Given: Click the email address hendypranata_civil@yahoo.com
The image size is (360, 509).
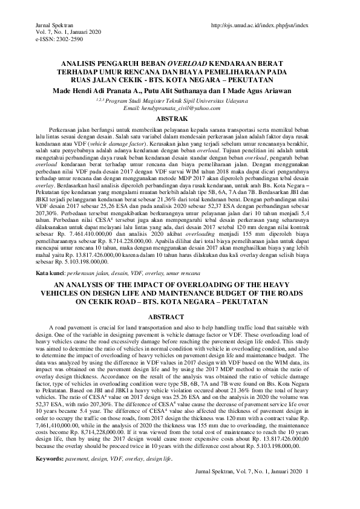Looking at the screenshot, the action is point(180,107).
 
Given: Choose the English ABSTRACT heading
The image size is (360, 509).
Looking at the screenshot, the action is point(180,316).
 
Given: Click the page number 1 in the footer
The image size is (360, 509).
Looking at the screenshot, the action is point(307,471).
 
